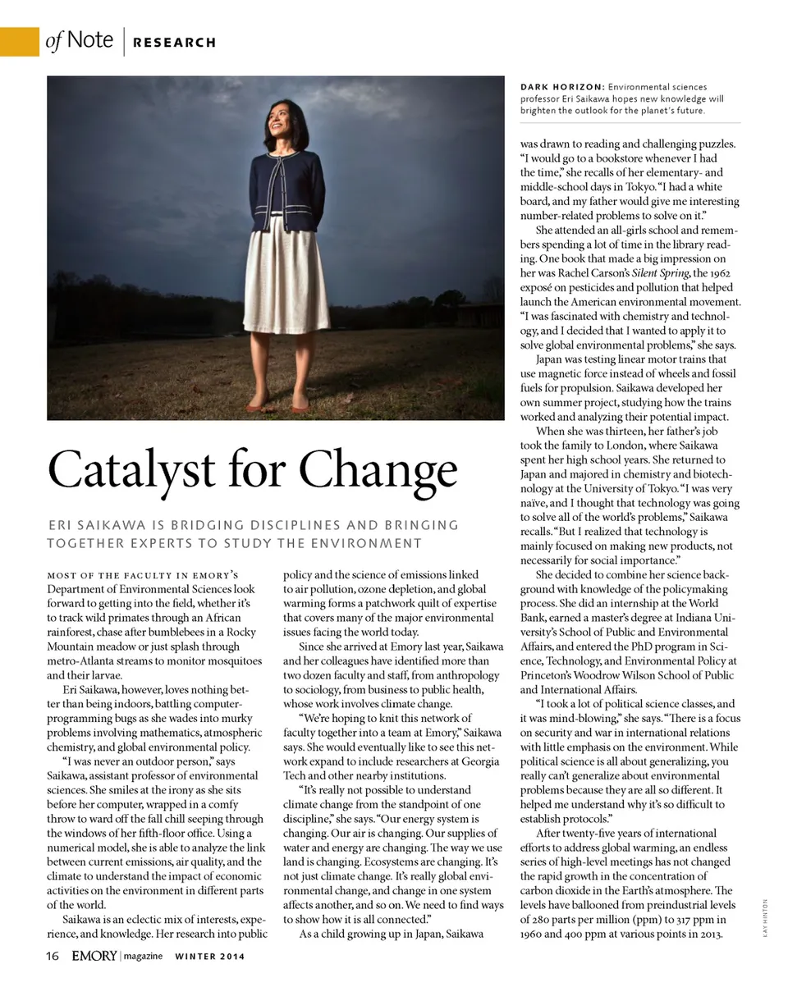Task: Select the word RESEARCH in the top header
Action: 175,43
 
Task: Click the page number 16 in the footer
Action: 53,956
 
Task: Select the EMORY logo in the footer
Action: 94,956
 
